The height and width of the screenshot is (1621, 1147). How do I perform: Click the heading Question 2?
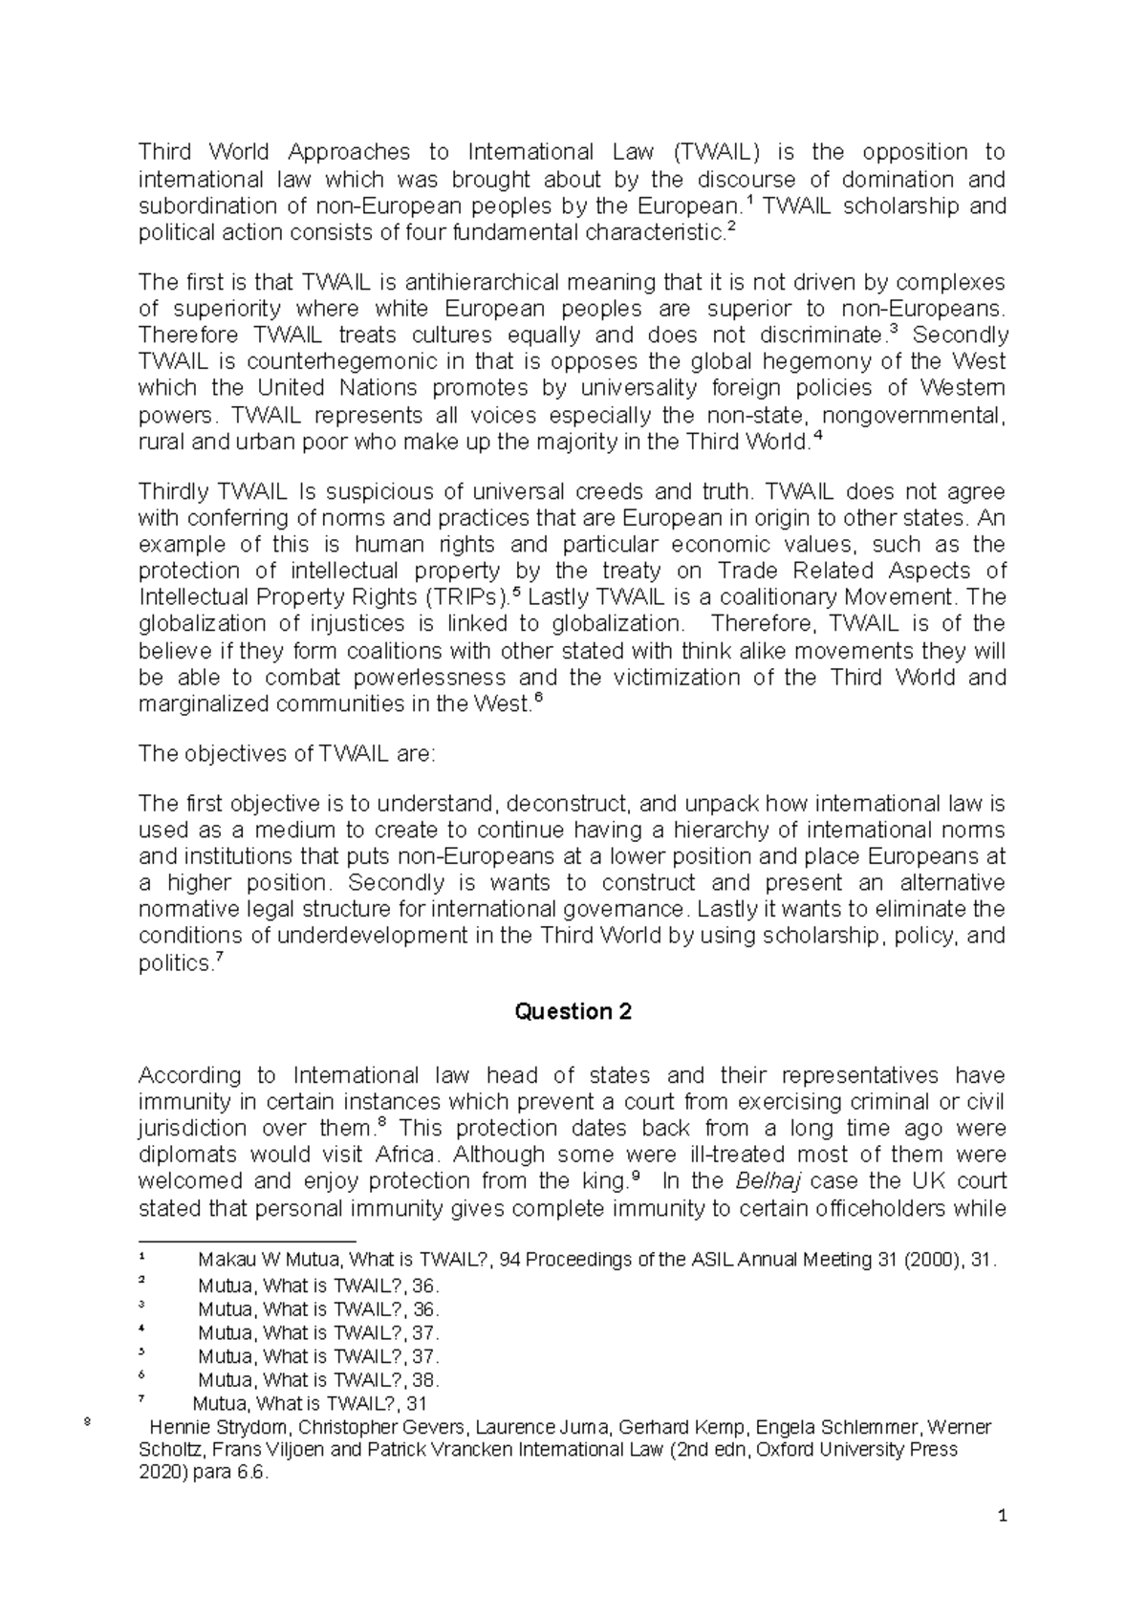pyautogui.click(x=573, y=1011)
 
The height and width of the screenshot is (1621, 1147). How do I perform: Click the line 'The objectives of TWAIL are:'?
pyautogui.click(x=287, y=753)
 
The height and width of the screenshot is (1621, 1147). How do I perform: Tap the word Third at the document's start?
pyautogui.click(x=164, y=152)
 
